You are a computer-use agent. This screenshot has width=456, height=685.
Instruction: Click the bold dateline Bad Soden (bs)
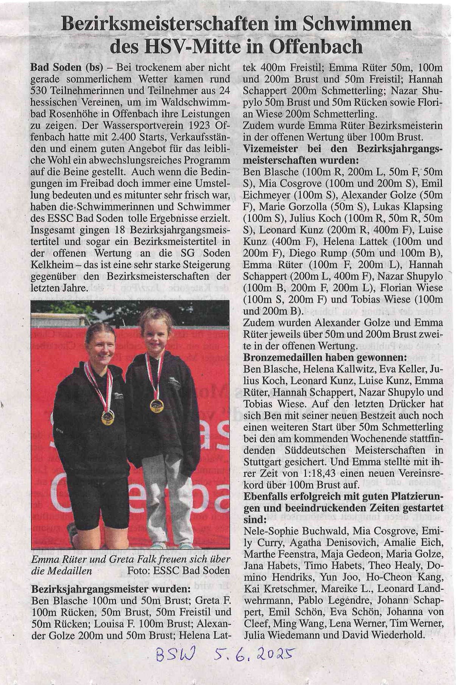click(67, 68)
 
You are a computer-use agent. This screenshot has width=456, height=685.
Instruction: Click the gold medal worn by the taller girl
click(108, 417)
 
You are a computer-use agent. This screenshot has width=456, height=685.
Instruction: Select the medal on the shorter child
click(157, 405)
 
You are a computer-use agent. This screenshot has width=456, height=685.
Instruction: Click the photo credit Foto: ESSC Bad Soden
click(178, 570)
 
